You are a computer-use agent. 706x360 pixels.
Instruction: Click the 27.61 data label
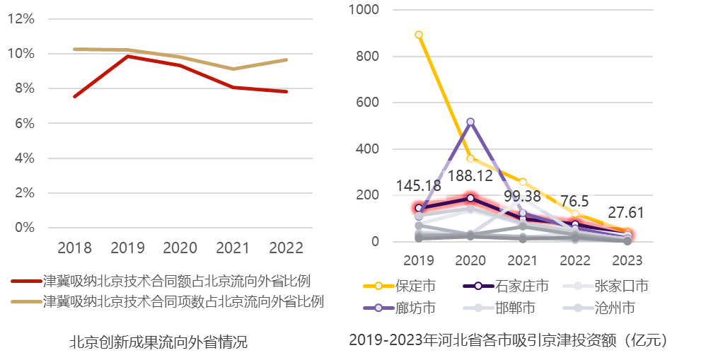point(624,213)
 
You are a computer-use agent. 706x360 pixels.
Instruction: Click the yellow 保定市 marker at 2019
point(419,35)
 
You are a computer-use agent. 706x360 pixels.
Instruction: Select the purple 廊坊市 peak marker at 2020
point(470,122)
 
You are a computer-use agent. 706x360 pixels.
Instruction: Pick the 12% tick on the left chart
point(21,19)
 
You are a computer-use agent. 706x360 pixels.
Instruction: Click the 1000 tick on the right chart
point(366,9)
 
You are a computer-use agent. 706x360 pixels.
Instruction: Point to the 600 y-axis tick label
point(370,103)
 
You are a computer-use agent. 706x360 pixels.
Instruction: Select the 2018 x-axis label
point(74,248)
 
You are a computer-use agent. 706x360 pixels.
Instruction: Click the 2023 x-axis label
point(627,260)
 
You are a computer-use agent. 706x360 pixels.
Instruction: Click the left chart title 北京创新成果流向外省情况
point(158,343)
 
